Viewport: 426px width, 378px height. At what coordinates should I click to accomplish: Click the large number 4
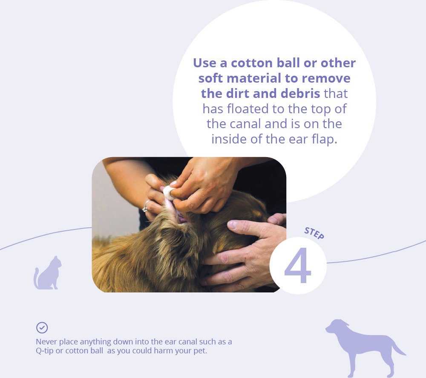point(297,265)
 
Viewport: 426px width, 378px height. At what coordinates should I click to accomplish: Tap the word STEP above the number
point(314,233)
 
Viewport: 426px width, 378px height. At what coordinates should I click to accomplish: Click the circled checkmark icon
point(42,328)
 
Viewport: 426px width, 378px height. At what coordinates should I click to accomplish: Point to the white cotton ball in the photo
point(168,193)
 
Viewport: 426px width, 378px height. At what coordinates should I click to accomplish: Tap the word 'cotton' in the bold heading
point(252,63)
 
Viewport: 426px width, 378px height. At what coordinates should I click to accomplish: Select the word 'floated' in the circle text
point(248,109)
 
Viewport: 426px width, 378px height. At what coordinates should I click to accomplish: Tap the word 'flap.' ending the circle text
point(324,139)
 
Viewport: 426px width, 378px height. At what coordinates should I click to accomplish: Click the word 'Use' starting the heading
point(204,63)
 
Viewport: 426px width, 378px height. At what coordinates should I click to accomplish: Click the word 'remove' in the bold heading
point(326,78)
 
